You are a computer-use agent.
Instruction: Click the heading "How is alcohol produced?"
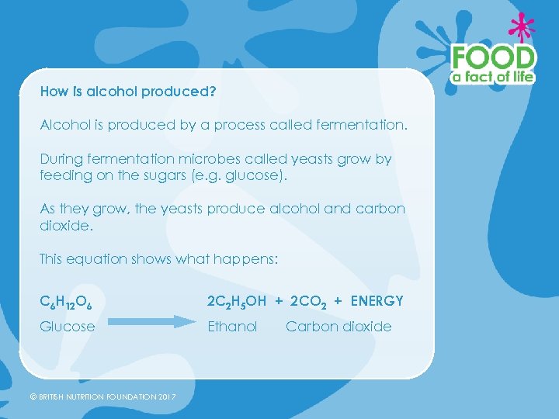coord(128,92)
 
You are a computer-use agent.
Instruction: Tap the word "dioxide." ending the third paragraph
coord(65,226)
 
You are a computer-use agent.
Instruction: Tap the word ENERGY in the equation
coord(377,301)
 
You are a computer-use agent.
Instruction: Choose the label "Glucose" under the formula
coord(68,327)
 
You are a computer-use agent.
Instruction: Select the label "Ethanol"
coord(232,327)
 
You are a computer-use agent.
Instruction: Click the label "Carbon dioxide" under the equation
coord(339,327)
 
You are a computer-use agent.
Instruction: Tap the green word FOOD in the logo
coord(494,58)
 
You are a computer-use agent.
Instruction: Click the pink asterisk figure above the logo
coord(522,27)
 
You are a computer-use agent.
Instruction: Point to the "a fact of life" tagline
coord(494,77)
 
